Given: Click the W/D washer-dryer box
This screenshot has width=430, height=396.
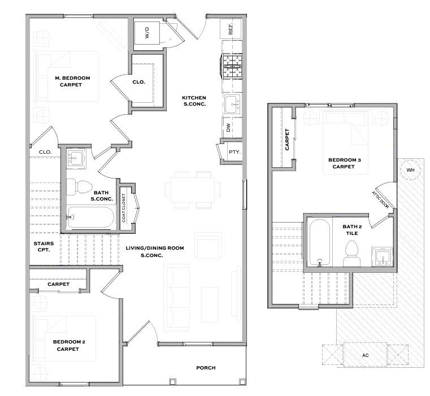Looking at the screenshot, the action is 147,33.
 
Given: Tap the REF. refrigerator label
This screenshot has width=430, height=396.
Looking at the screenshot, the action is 231,29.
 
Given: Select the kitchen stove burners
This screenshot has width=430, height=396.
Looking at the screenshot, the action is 232,66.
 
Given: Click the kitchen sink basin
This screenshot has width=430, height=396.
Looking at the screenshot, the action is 233,104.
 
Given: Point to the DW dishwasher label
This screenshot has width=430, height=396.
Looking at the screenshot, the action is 229,127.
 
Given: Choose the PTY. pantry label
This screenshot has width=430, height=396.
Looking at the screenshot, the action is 234,151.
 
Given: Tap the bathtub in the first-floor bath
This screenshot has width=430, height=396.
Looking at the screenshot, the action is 90,217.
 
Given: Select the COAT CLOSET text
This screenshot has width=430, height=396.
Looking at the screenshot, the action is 123,208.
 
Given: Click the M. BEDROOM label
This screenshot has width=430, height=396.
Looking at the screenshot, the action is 72,78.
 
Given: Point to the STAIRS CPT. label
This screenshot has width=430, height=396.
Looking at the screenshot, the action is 44,246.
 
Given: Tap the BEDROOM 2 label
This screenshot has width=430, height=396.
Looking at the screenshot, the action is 69,342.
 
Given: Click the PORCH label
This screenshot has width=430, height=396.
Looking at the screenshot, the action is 206,368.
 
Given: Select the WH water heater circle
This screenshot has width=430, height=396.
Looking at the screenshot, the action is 410,170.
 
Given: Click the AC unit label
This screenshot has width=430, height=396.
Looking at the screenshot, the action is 365,355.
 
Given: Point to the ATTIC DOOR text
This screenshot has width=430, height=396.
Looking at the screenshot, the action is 380,200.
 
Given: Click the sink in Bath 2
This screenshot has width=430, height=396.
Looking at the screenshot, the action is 383,257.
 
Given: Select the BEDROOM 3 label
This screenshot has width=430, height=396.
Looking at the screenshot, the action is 345,160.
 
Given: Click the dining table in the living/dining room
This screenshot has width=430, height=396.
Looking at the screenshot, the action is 193,189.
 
